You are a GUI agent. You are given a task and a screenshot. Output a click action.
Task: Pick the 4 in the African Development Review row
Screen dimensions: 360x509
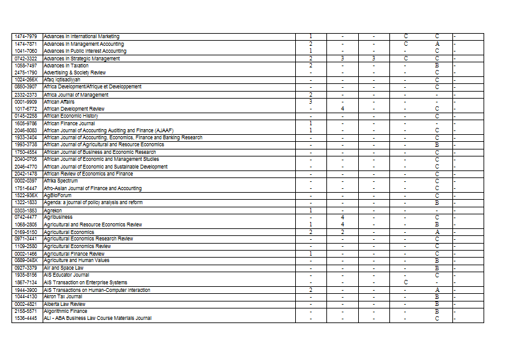[x=342, y=109]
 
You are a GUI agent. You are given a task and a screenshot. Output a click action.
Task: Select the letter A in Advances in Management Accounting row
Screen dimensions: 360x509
[x=437, y=44]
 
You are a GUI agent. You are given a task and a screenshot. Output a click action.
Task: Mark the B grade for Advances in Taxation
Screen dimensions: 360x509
[x=437, y=66]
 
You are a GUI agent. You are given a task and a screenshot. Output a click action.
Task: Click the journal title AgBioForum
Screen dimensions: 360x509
[x=58, y=195]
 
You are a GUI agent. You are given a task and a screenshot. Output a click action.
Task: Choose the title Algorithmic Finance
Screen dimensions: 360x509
[x=66, y=311]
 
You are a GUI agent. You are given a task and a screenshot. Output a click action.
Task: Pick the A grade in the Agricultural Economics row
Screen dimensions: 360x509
[x=437, y=232]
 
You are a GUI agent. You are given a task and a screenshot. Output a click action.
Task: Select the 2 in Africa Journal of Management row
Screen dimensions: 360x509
[x=310, y=95]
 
